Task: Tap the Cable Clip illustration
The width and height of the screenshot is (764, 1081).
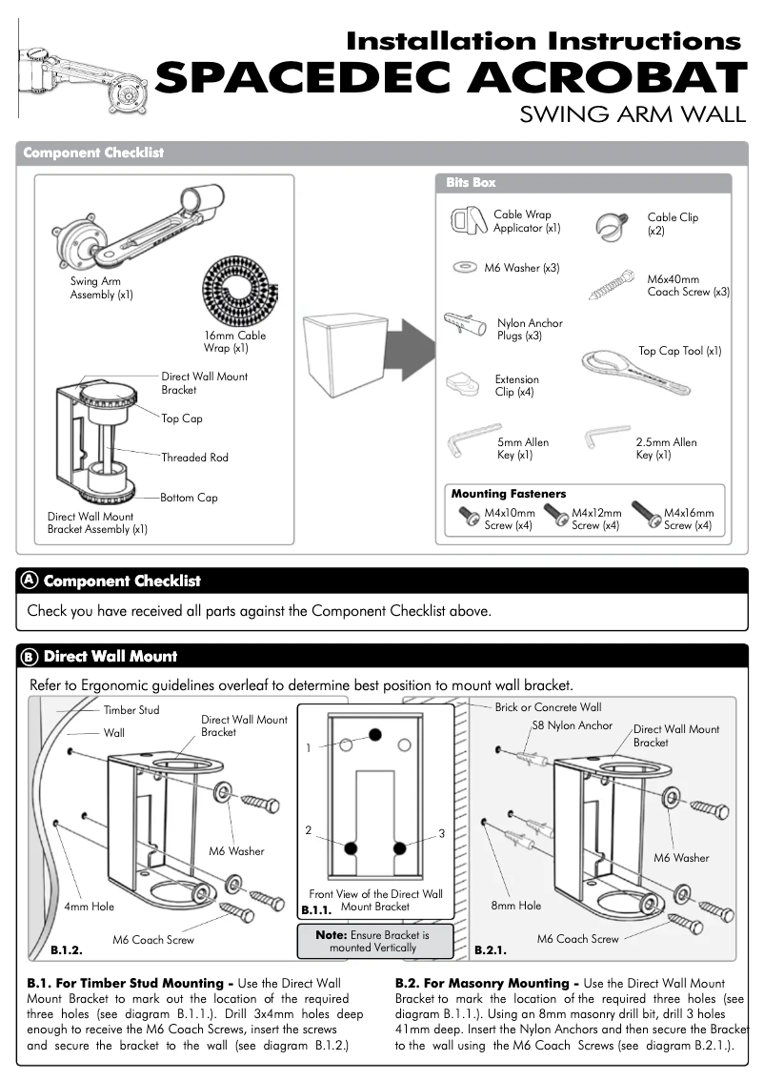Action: click(610, 225)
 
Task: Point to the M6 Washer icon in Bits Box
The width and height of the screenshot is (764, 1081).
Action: click(466, 268)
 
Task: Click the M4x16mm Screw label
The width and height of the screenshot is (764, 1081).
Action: click(689, 519)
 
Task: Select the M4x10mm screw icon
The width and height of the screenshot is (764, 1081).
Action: click(470, 518)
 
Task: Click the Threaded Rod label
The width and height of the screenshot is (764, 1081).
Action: click(194, 458)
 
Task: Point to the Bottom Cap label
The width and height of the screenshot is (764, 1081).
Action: click(189, 498)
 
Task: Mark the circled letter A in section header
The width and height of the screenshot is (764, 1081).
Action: click(30, 581)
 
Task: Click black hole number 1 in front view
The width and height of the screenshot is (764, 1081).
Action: click(375, 734)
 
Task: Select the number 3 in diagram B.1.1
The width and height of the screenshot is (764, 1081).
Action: click(441, 834)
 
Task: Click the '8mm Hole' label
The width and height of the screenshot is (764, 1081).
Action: click(515, 906)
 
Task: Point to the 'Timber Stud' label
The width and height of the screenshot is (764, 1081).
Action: click(131, 710)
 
